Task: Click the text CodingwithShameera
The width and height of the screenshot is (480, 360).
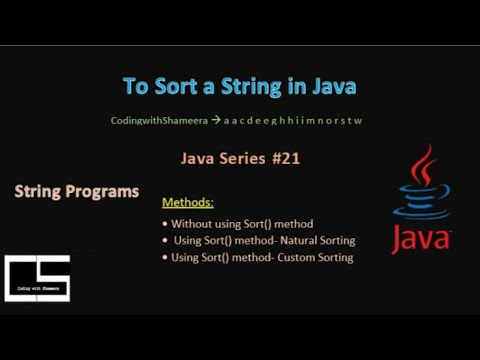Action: coord(158,121)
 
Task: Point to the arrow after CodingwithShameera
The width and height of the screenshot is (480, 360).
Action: coord(215,121)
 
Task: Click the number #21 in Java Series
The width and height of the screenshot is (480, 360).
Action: coord(283,157)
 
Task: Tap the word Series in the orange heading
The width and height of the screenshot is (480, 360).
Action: coord(241,157)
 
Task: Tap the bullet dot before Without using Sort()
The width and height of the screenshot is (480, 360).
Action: coord(165,225)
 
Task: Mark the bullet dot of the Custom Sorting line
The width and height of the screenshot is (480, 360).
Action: coord(165,258)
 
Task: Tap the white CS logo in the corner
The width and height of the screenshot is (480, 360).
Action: coord(38,277)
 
